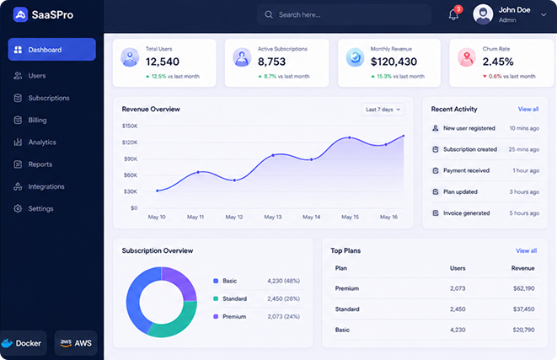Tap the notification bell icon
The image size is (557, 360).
pyautogui.click(x=453, y=14)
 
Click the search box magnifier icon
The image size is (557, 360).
pyautogui.click(x=269, y=14)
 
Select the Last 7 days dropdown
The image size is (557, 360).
pyautogui.click(x=383, y=110)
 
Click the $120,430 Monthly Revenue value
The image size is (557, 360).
pyautogui.click(x=394, y=62)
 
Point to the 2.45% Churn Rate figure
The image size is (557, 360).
pyautogui.click(x=498, y=62)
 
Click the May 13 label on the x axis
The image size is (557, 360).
pyautogui.click(x=272, y=217)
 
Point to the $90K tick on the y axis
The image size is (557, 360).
pyautogui.click(x=131, y=159)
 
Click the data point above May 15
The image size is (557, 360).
pyautogui.click(x=350, y=137)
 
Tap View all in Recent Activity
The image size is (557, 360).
pyautogui.click(x=528, y=109)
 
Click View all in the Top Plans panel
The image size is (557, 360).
pyautogui.click(x=526, y=251)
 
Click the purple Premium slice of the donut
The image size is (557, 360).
pyautogui.click(x=180, y=282)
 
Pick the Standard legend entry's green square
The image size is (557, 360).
pyautogui.click(x=216, y=298)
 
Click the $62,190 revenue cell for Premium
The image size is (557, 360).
pyautogui.click(x=523, y=288)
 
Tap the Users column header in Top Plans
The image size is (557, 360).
pyautogui.click(x=458, y=268)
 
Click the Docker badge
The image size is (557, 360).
pyautogui.click(x=24, y=343)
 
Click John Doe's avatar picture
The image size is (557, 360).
pyautogui.click(x=483, y=14)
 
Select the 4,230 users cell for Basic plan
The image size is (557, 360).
pyautogui.click(x=458, y=330)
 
